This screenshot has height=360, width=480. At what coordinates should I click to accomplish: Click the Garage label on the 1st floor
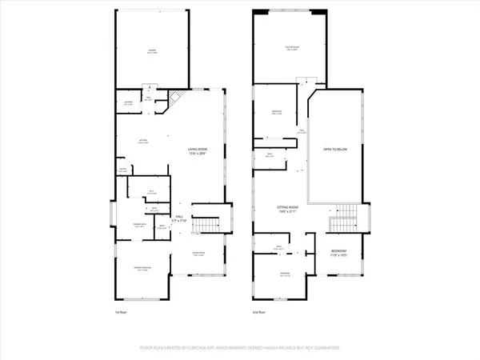click(x=151, y=50)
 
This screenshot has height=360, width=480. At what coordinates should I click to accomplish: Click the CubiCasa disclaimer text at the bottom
click(x=240, y=349)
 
